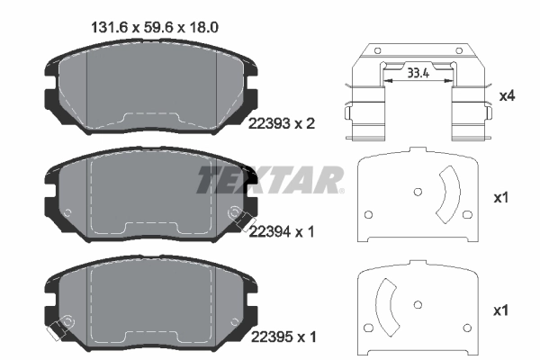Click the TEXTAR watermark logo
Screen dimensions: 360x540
coord(269,180)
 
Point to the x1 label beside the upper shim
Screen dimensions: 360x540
coord(502,197)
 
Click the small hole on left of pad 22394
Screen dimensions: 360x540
coord(68,211)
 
